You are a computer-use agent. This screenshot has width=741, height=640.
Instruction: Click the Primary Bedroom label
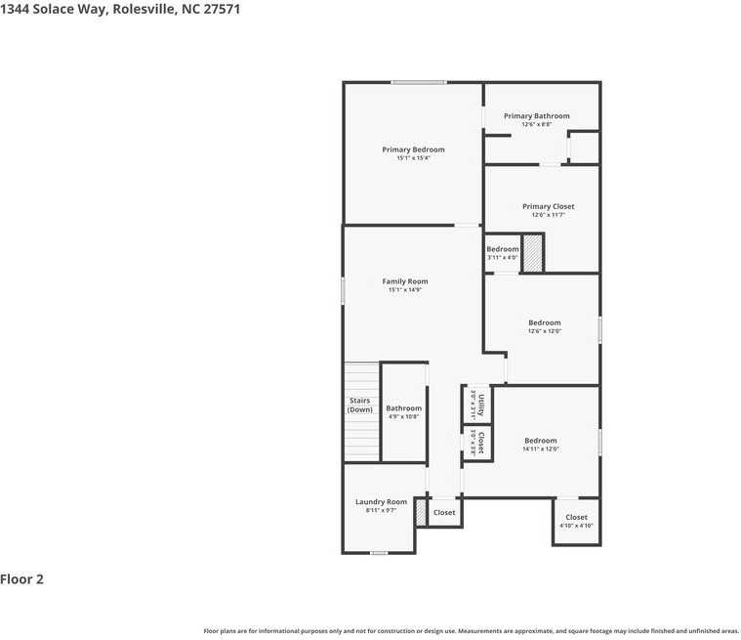pyautogui.click(x=413, y=149)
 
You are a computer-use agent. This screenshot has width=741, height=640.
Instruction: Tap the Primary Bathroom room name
pyautogui.click(x=536, y=116)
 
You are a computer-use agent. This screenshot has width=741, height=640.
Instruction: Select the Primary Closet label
pyautogui.click(x=548, y=206)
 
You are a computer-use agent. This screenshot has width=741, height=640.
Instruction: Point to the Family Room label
pyautogui.click(x=404, y=281)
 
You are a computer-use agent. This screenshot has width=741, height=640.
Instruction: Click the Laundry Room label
pyautogui.click(x=381, y=501)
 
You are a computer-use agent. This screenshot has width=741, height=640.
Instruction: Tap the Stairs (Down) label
pyautogui.click(x=360, y=405)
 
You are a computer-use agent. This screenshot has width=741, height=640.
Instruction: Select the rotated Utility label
pyautogui.click(x=480, y=404)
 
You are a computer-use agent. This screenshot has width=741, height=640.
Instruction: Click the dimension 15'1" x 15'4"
pyautogui.click(x=413, y=158)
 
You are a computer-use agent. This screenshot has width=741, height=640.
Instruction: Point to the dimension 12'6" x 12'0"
pyautogui.click(x=545, y=331)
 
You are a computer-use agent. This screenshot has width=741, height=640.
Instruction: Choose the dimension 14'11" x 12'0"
pyautogui.click(x=540, y=449)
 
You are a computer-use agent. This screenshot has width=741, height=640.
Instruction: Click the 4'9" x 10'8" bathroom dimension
pyautogui.click(x=403, y=417)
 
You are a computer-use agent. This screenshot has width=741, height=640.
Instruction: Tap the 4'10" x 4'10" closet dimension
pyautogui.click(x=576, y=526)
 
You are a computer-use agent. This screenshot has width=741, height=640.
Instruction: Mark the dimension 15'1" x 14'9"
pyautogui.click(x=404, y=290)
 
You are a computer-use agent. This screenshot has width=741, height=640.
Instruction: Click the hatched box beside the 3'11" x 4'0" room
pyautogui.click(x=532, y=254)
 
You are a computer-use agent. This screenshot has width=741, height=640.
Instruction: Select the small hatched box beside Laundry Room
pyautogui.click(x=421, y=513)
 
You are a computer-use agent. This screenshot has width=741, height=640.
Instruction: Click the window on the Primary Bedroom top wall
pyautogui.click(x=419, y=82)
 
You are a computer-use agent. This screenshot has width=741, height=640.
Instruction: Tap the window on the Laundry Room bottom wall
pyautogui.click(x=379, y=553)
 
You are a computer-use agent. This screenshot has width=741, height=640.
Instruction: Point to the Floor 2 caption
pyautogui.click(x=22, y=579)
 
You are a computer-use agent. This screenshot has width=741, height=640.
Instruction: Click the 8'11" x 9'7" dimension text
pyautogui.click(x=381, y=510)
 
